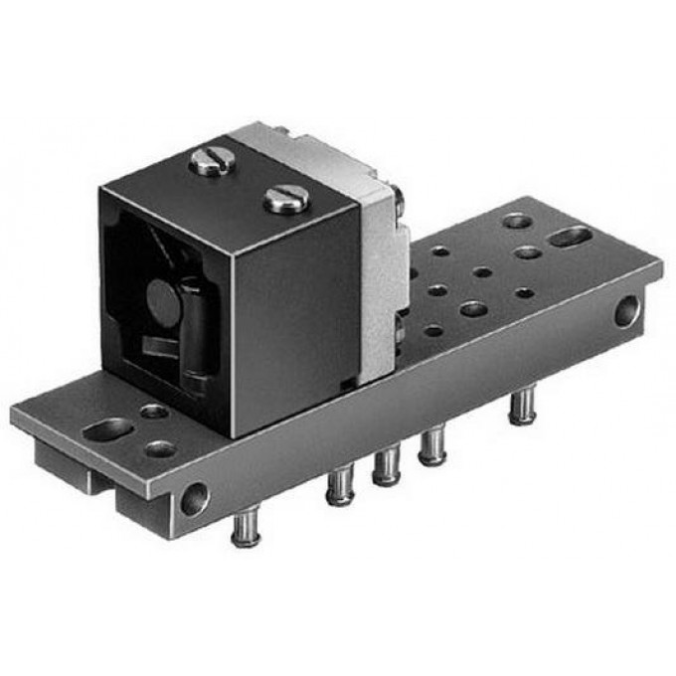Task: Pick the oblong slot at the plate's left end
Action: (x=108, y=429)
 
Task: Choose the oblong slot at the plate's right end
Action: (x=571, y=237)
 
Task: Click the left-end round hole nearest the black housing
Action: (x=154, y=411)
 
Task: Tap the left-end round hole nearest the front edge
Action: (x=159, y=449)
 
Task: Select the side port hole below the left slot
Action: (x=195, y=497)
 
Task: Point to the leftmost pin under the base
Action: (x=245, y=527)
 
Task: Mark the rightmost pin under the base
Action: (x=521, y=407)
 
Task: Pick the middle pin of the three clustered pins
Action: (x=386, y=466)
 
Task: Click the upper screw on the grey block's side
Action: (x=397, y=202)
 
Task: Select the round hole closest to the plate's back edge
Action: (x=516, y=221)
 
